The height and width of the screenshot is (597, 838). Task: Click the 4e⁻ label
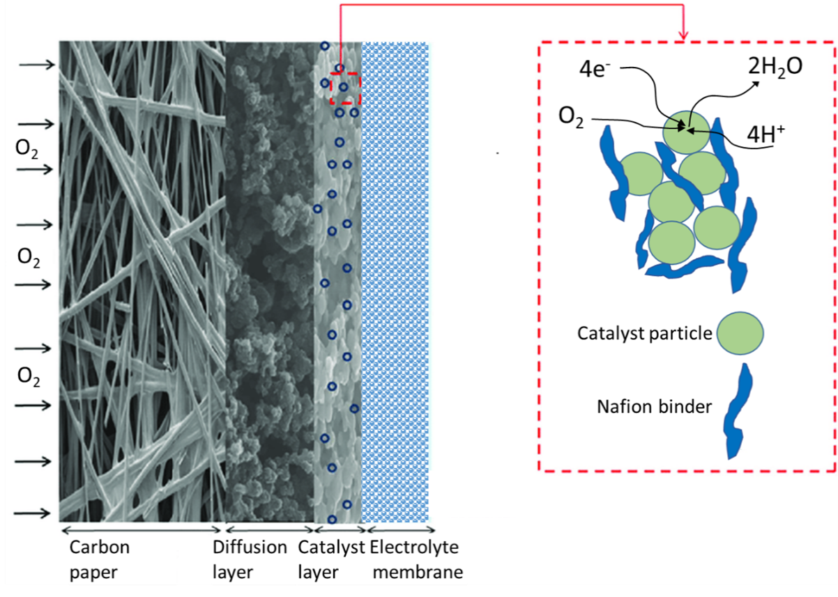(x=595, y=69)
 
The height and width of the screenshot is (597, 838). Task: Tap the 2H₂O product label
(x=775, y=68)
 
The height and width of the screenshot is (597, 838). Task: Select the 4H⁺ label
(x=765, y=134)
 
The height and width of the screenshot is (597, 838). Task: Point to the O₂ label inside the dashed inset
(x=570, y=117)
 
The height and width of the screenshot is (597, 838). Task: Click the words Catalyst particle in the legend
(x=644, y=333)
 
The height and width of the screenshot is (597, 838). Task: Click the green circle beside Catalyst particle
(x=740, y=333)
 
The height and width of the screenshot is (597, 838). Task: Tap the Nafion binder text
(x=654, y=406)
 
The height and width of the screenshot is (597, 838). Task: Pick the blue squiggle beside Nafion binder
(x=738, y=411)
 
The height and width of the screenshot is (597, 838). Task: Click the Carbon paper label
(x=99, y=559)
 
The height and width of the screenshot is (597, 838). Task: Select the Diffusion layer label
(x=250, y=559)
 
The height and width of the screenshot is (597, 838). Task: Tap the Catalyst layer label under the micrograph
(x=331, y=559)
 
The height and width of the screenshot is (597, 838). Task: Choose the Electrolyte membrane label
(x=416, y=559)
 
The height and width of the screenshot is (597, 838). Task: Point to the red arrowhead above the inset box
(x=683, y=36)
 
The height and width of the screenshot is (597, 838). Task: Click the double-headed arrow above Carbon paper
(x=142, y=529)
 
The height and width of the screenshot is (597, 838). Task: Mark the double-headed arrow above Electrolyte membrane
(x=401, y=529)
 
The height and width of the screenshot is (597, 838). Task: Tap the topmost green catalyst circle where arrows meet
(x=686, y=132)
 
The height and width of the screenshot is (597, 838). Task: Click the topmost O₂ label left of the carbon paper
(x=26, y=148)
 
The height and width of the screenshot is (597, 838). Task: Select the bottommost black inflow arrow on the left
(x=32, y=513)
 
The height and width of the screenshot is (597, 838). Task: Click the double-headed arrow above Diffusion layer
(x=269, y=529)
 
